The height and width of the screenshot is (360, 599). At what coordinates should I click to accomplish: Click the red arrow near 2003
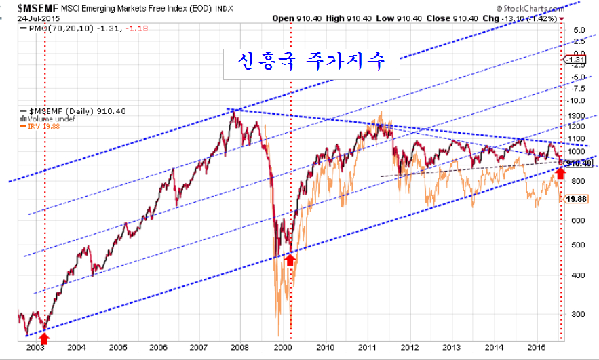point(45,333)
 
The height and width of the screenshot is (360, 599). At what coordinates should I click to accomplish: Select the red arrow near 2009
point(290,258)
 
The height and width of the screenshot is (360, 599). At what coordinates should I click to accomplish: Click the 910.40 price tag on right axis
point(577,163)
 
